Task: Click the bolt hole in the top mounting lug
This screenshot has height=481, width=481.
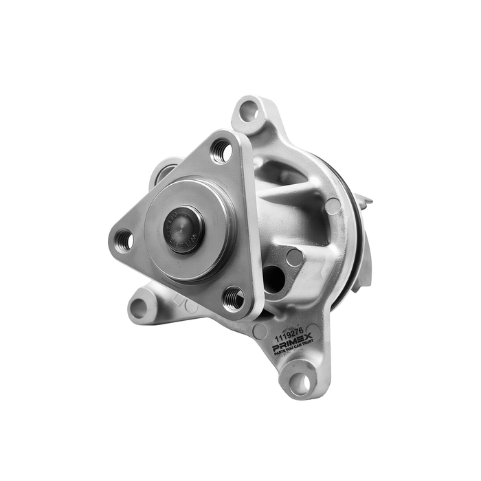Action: (249, 111)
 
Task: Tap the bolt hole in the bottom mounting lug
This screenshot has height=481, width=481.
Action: (300, 382)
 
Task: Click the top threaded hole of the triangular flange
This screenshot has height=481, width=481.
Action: (221, 151)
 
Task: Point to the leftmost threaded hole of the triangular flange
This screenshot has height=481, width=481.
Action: (124, 239)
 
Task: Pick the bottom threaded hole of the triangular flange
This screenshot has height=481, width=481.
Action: (234, 298)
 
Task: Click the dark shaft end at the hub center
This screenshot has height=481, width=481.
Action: (183, 229)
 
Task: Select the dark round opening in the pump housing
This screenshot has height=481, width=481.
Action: (273, 278)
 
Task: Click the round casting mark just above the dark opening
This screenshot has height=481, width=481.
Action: (295, 257)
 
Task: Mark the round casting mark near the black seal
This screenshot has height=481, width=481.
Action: (333, 205)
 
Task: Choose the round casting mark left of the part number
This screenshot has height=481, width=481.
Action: (260, 331)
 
